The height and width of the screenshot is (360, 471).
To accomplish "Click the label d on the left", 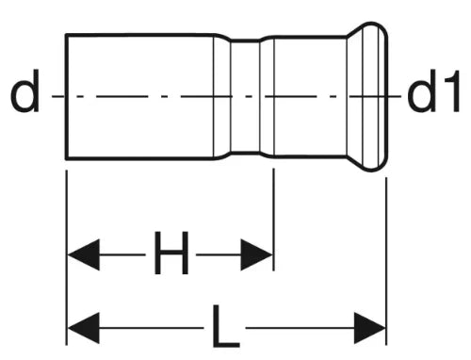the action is pos(24,90).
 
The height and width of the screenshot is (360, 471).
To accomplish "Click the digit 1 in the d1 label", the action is pos(451,91).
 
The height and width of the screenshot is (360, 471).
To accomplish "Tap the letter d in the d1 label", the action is pos(422,91).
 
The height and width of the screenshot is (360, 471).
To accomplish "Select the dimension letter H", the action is pos(171,253).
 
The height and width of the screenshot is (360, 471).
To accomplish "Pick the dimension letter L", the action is pos(225,326).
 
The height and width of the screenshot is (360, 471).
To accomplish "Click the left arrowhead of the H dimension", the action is pos(84,254).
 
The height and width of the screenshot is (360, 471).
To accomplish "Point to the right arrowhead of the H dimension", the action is pos(256,254).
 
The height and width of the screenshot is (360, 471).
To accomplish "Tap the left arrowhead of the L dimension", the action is pos(84,328).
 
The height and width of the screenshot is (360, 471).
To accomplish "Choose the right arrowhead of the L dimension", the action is pos(370,328).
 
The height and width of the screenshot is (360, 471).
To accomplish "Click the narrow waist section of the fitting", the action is pos(245,96).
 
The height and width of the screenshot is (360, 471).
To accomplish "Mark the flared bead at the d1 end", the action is pos(367,97).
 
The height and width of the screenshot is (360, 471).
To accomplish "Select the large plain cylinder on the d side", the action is pos(139,96).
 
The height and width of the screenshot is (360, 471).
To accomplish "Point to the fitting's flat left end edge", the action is pos(66,96).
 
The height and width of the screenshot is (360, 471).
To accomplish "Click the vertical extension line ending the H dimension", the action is pos(274,220).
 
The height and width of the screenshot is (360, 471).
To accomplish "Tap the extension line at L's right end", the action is pos(386,261).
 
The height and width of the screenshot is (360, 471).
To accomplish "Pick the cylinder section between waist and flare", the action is pos(310,96).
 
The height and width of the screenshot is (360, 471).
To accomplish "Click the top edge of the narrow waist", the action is pos(245,41).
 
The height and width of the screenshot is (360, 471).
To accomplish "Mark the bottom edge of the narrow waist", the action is pos(245,154).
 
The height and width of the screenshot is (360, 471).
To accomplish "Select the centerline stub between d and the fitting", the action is pos(58,96).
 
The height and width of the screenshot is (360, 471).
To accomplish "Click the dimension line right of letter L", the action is pos(300,328).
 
